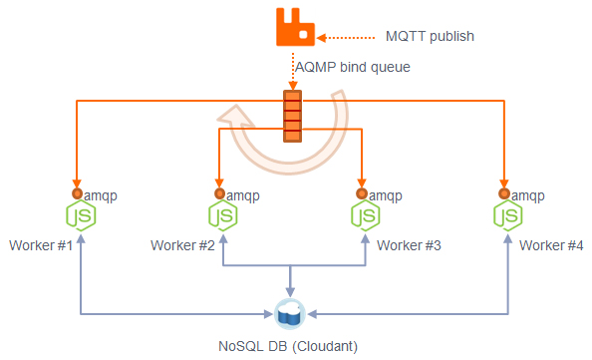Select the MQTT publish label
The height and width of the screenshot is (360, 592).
[x=430, y=36]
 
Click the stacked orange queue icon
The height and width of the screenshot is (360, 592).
[x=292, y=116]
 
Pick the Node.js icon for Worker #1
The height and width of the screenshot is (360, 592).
[x=78, y=216]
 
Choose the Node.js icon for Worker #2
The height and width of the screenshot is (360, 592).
[x=221, y=216]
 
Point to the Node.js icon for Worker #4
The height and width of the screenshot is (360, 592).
[x=507, y=216]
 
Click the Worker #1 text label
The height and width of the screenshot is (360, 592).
[x=41, y=245]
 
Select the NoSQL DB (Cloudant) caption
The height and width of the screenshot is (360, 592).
[x=288, y=346]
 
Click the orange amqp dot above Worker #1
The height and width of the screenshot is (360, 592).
[x=76, y=193]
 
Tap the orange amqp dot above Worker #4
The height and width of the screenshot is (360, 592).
[x=505, y=193]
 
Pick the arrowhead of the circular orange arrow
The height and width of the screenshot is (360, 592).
[x=232, y=119]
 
